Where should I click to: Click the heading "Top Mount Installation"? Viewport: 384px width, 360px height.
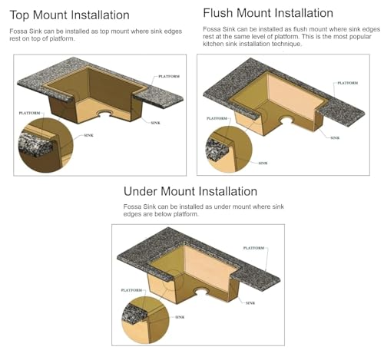tap(69, 15)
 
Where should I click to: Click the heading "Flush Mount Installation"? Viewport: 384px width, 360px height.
tap(268, 13)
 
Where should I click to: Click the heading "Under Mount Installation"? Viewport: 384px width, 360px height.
tap(190, 191)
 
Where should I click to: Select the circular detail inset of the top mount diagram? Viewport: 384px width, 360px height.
tap(46, 145)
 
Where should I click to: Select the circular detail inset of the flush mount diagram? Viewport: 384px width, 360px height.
tap(229, 149)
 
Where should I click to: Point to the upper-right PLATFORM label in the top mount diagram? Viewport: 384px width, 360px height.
tap(169, 76)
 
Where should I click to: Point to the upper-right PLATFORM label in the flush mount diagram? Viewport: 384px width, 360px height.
tap(347, 83)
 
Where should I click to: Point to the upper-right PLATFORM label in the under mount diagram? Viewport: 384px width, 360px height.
tap(253, 248)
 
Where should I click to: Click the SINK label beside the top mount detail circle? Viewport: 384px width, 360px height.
tap(88, 135)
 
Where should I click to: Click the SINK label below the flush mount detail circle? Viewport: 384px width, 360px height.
tap(263, 163)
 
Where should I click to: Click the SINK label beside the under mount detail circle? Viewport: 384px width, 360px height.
tap(180, 317)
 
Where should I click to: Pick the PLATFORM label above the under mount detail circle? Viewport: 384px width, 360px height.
tap(131, 290)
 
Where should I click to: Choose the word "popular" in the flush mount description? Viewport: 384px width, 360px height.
tap(360, 37)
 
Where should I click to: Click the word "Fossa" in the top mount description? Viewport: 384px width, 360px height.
tap(18, 31)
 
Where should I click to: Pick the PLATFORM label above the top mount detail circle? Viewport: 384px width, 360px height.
tap(29, 113)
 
